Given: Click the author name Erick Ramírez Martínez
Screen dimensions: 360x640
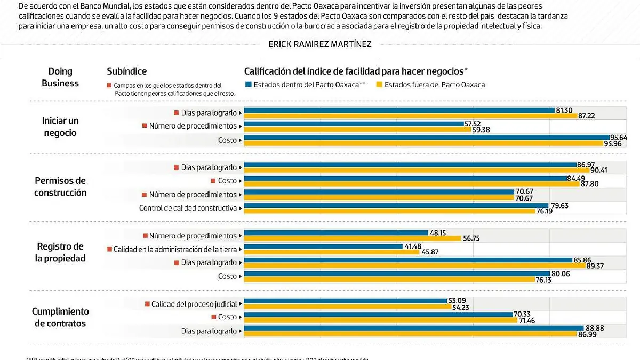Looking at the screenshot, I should click(319, 44).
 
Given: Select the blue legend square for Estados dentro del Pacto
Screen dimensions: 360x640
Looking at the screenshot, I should click(248, 84).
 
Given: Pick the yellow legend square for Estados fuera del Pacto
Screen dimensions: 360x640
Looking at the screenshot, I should click(379, 84).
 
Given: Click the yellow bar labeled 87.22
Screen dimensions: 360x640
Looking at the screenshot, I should click(411, 116).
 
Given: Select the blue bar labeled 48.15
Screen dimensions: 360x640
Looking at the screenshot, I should click(336, 233).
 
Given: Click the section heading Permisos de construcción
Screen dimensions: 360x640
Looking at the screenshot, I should click(60, 187).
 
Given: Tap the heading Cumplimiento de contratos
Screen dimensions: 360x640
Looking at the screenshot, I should click(60, 317).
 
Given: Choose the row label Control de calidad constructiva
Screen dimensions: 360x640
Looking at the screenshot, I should click(188, 208).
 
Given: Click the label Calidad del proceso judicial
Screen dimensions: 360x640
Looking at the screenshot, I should click(194, 304).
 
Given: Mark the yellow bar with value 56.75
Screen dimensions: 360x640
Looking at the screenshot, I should click(352, 238).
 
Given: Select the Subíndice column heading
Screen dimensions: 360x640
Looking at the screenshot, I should click(126, 71).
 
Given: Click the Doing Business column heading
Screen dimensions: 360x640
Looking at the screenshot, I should click(60, 77).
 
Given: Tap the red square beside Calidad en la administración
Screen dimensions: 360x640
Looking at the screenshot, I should click(109, 249).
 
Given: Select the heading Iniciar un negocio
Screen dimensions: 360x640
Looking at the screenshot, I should click(60, 127).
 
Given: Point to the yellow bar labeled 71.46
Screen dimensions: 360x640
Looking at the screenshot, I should click(381, 320).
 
